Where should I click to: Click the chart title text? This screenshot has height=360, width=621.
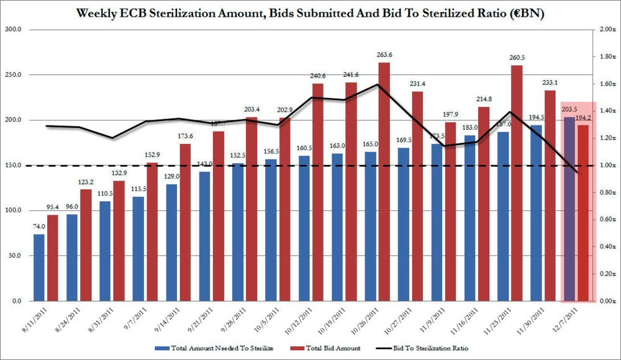pos(310,12)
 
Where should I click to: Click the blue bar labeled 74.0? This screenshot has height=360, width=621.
pos(39,267)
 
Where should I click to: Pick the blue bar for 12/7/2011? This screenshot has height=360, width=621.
pos(568,211)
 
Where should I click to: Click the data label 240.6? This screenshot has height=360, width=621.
pos(318,76)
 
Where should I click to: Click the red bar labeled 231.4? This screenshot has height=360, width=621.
pos(417,199)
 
